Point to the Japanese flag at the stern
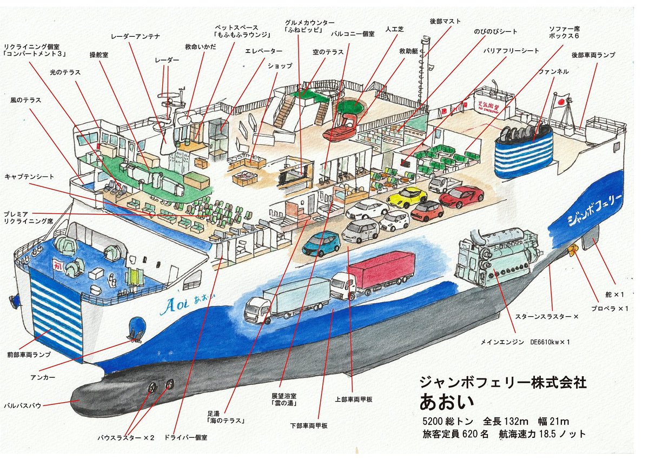pos(562,100)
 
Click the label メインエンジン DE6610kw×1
pos(525,342)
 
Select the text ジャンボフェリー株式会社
pos(503,383)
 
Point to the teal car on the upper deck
pos(321,244)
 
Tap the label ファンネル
pos(553,71)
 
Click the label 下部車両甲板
pos(309,425)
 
